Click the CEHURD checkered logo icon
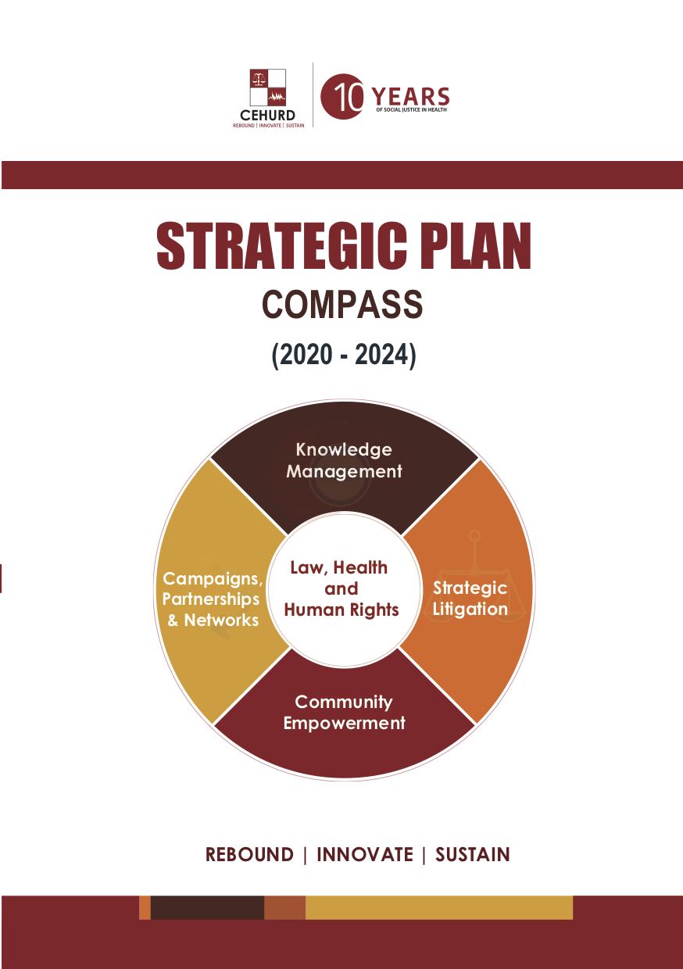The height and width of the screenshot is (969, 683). pyautogui.click(x=268, y=88)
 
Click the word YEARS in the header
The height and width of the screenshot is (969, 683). pyautogui.click(x=411, y=96)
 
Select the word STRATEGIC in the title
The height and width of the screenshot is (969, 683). pyautogui.click(x=281, y=246)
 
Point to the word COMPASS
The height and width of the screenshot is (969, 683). pyautogui.click(x=342, y=305)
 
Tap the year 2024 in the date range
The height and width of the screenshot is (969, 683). pyautogui.click(x=381, y=355)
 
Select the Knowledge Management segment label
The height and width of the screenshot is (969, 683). pyautogui.click(x=344, y=461)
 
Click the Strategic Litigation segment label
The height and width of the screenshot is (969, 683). pyautogui.click(x=470, y=599)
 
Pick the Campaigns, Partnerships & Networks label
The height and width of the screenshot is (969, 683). pyautogui.click(x=213, y=599)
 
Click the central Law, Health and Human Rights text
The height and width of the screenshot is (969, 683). pyautogui.click(x=341, y=588)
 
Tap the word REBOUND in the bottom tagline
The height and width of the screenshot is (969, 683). pyautogui.click(x=249, y=855)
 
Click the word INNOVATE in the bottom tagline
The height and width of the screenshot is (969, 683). pyautogui.click(x=365, y=855)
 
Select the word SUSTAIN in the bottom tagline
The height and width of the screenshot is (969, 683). pyautogui.click(x=472, y=855)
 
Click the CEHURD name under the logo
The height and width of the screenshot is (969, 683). pyautogui.click(x=268, y=116)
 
